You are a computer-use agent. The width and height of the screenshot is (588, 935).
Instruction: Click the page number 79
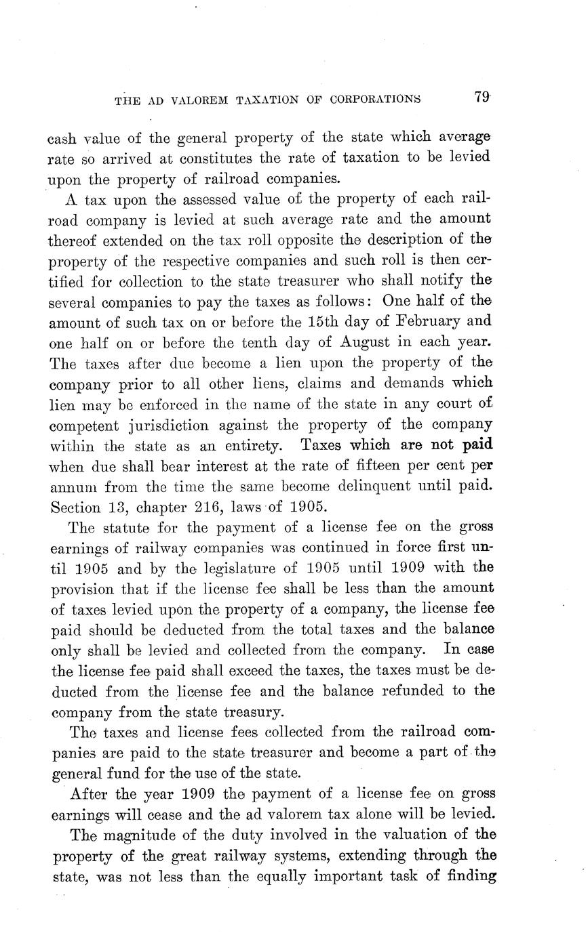482,98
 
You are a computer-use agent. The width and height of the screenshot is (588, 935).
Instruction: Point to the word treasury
248,712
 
